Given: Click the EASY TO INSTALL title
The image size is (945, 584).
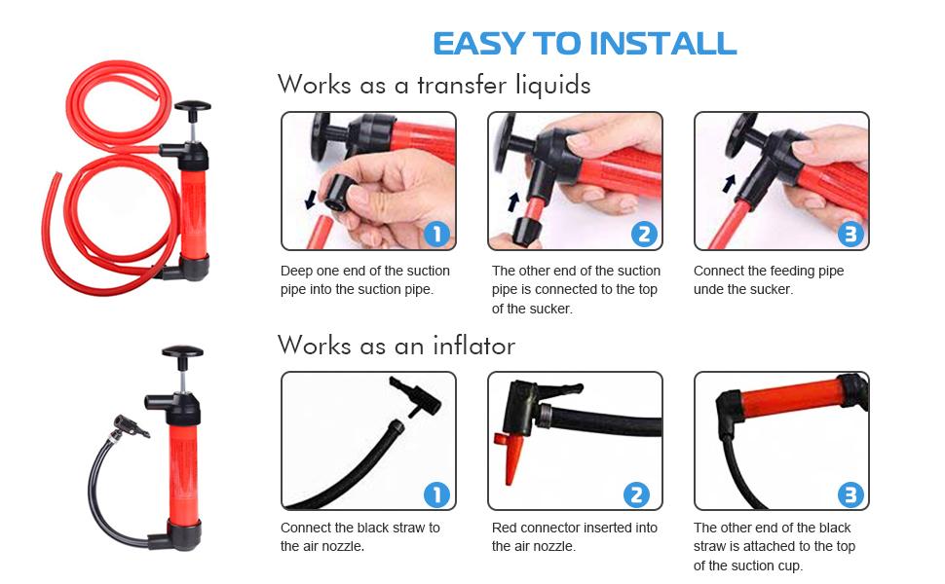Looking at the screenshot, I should coord(585,44).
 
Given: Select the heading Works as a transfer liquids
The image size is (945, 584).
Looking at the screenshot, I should coord(434,85).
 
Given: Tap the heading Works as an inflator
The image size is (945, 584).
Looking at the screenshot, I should coord(396,346).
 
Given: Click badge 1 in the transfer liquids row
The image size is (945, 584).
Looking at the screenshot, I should coord(436,234).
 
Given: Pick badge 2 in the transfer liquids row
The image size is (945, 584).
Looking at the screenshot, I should coord(643,234).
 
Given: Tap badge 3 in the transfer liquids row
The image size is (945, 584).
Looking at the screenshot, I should coord(850,234).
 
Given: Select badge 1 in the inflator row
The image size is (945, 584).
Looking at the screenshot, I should coord(436,494).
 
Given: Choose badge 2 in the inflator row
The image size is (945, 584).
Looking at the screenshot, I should coord(635,494).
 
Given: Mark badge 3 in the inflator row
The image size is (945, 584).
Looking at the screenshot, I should coord(850,494).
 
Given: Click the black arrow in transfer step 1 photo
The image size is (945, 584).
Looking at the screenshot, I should coord(311,200).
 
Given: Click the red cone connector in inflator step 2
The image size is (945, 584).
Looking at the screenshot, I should coord(510,458).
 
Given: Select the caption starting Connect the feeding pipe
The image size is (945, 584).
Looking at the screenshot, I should coord(769,279).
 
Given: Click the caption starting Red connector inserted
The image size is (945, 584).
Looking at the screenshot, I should coord(575,536).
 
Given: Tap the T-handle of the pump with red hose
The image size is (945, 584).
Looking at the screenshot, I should coord(193,107).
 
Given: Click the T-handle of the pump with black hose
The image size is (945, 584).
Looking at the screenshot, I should coord(182,352).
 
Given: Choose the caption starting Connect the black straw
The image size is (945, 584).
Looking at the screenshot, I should coord(360,536).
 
